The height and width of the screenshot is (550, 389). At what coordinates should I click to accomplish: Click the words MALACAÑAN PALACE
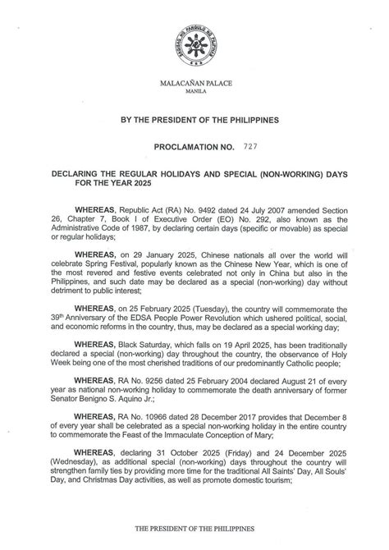(x=194, y=85)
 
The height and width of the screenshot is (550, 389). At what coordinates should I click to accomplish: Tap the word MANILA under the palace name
(x=194, y=94)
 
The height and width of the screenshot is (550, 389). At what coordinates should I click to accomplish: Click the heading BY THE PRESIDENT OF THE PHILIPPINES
(x=194, y=120)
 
